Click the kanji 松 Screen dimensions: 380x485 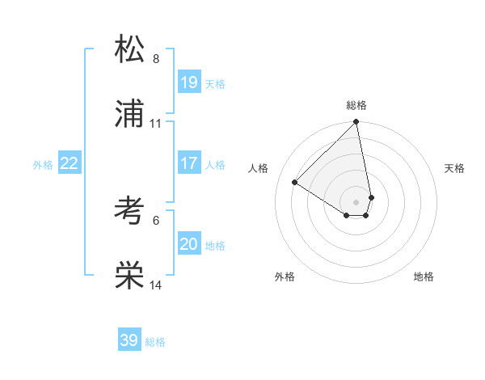(129, 49)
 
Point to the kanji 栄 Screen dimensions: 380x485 (129, 276)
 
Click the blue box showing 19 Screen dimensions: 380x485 (189, 82)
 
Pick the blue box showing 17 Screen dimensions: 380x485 (189, 163)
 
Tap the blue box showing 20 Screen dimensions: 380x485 (189, 244)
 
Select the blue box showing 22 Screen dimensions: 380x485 (69, 163)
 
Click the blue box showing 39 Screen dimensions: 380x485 (129, 340)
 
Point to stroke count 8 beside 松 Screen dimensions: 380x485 (156, 59)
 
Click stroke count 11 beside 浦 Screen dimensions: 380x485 (156, 124)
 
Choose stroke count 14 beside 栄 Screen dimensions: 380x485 (156, 285)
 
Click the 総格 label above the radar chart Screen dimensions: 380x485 (356, 105)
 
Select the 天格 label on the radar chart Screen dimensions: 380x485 (455, 168)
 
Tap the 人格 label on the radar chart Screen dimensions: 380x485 (259, 168)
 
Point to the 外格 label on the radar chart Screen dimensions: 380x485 (285, 277)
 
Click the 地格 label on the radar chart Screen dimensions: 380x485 (424, 277)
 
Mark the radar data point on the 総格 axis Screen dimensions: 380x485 (356, 123)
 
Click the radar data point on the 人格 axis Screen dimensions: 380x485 (295, 183)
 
